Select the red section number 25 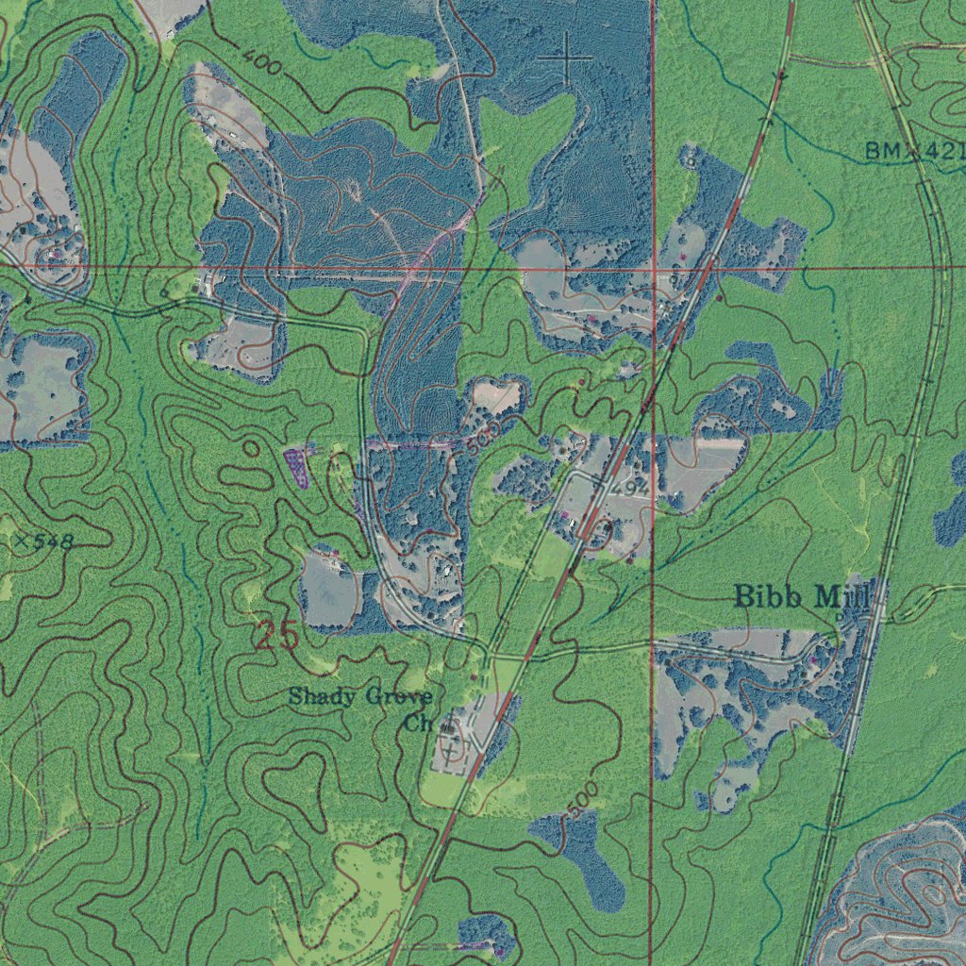(276, 636)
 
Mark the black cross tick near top (566, 58)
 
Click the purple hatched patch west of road (296, 466)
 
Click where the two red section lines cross (654, 269)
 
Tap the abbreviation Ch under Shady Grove (418, 724)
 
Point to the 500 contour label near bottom (583, 798)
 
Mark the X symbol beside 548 (20, 541)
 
